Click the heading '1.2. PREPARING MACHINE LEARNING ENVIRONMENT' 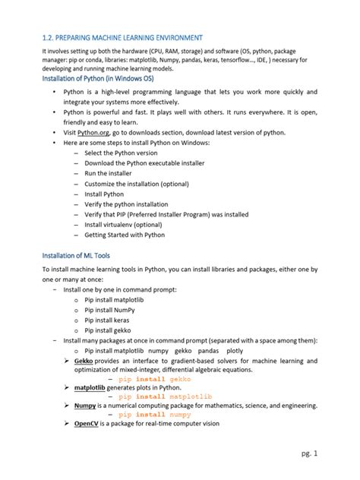coord(122,37)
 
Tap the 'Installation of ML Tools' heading coord(80,255)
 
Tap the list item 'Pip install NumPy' coord(114,310)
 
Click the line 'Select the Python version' coord(126,153)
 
